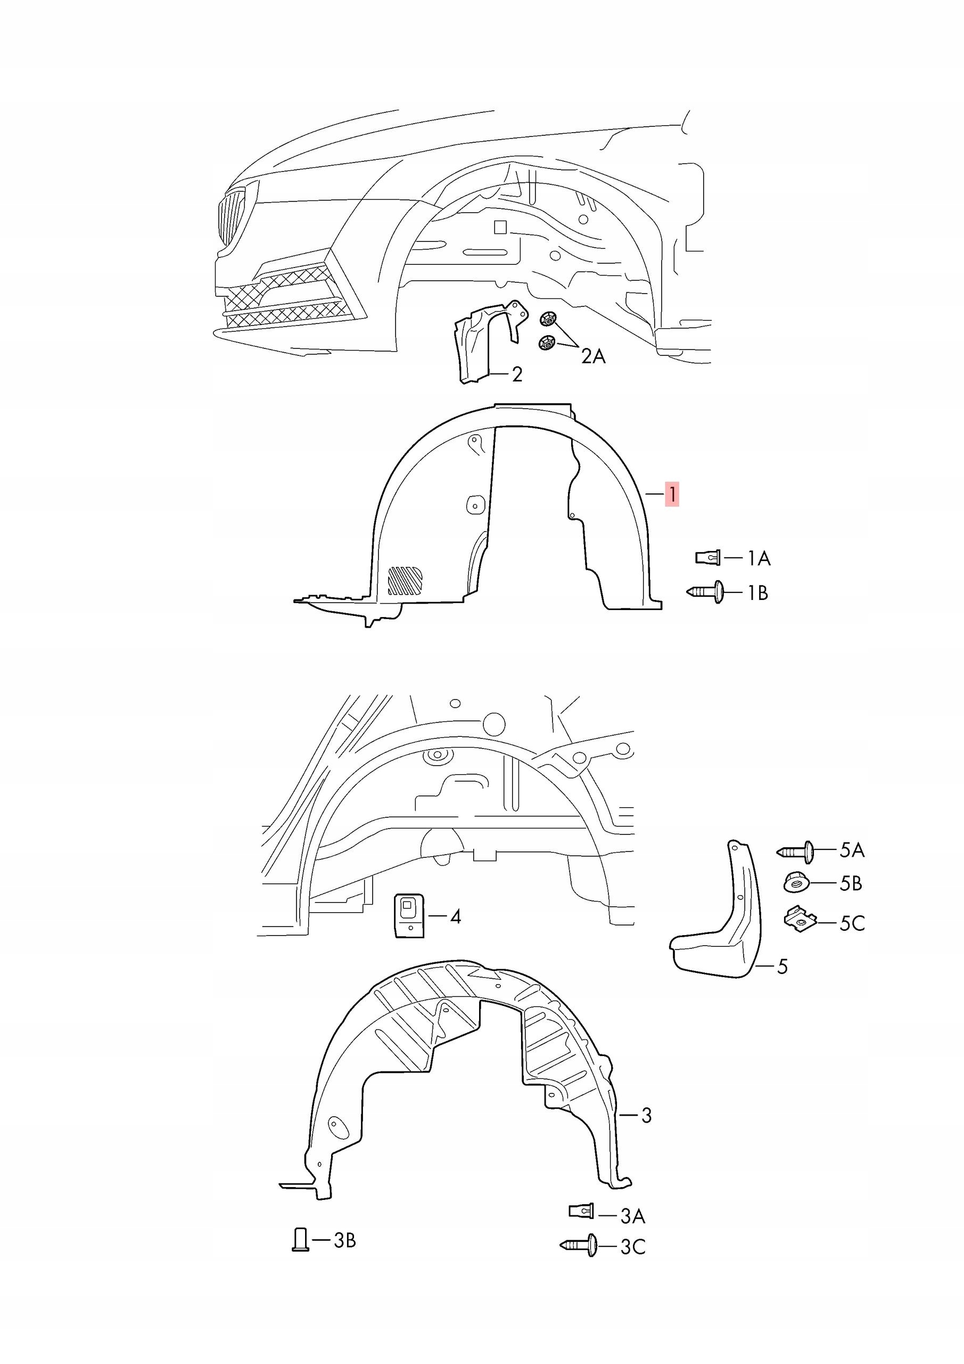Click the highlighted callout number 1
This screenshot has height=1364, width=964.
point(672,494)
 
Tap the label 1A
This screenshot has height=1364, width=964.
point(758,558)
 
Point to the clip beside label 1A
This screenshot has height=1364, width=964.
point(707,557)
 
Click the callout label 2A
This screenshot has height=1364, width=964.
point(593,356)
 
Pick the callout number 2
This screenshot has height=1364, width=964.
point(517,374)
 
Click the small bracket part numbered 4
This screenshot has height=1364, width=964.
point(409,916)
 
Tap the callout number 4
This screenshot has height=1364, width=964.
point(455,916)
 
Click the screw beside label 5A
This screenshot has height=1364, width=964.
point(795,851)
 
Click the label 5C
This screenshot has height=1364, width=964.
point(852,923)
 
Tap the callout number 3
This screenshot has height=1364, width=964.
point(646,1116)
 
